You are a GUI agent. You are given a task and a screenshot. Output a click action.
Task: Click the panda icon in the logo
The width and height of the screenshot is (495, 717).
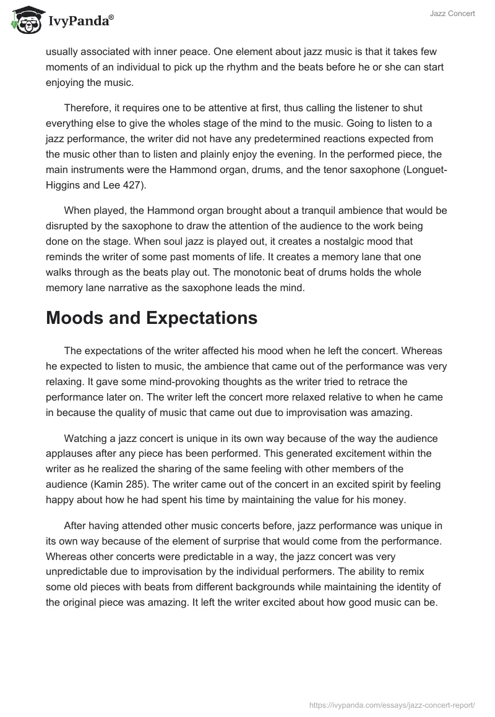coord(25,21)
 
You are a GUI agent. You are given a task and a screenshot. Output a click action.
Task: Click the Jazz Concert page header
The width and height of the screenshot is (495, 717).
coord(452,14)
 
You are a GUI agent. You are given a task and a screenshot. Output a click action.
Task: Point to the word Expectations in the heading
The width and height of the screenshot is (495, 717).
coord(204,318)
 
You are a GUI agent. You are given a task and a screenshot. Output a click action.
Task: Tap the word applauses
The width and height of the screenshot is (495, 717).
coord(75,454)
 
